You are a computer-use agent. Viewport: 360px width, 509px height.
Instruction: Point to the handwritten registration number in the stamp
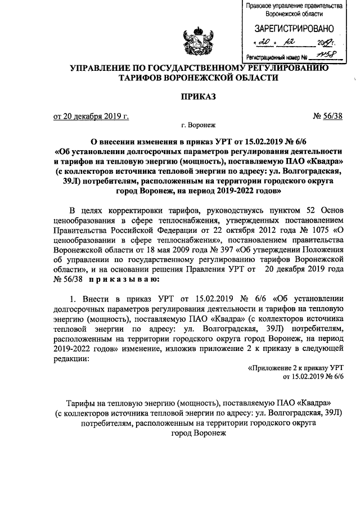click(324, 56)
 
